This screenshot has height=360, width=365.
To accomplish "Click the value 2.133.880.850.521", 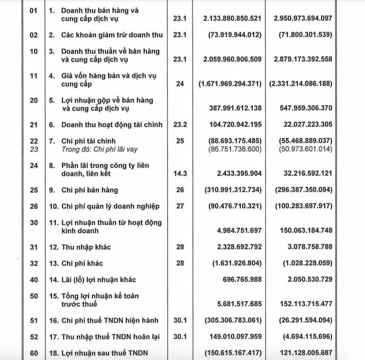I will (x=232, y=18).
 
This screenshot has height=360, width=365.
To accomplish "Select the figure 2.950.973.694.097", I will (x=303, y=18).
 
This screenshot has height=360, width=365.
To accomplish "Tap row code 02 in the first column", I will (x=33, y=35).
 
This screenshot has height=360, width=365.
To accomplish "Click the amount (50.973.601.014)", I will (x=303, y=150).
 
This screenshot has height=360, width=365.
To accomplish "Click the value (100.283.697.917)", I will (x=303, y=206).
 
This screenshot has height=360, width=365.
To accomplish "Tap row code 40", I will (x=33, y=279).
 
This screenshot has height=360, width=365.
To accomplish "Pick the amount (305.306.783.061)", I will (x=232, y=321).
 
